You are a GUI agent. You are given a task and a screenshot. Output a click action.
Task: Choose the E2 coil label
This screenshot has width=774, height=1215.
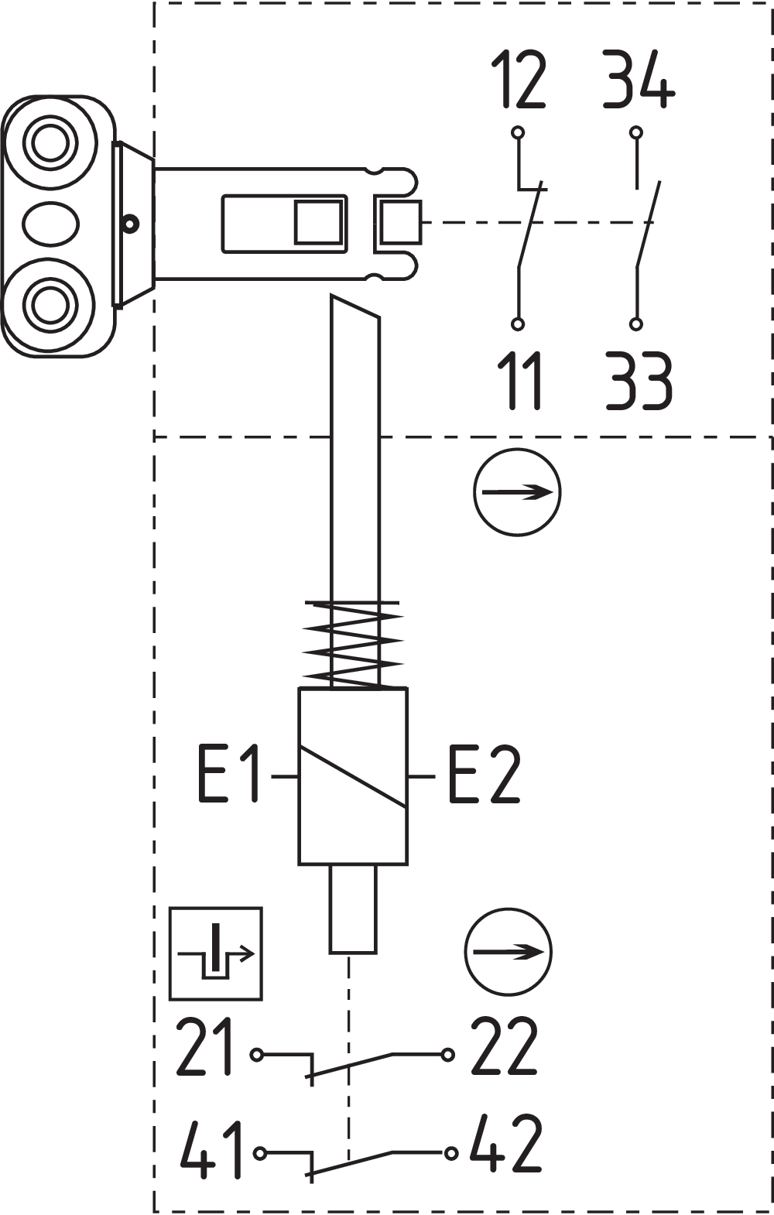[485, 773]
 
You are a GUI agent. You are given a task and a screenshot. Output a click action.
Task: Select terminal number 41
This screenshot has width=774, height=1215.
[211, 1148]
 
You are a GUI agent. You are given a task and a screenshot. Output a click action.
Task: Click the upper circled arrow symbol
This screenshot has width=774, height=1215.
[517, 492]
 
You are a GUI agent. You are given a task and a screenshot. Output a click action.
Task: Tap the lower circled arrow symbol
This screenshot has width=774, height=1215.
[508, 952]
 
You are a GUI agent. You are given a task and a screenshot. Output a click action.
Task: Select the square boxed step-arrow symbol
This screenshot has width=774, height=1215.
[216, 953]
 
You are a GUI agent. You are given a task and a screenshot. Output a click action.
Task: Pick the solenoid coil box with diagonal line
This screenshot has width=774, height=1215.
[353, 775]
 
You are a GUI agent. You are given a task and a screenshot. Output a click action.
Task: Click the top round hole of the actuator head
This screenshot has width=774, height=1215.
[50, 142]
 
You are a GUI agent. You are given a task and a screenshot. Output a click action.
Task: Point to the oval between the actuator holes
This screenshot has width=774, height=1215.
[50, 224]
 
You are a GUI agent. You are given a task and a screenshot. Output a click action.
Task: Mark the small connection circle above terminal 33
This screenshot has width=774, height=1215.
[636, 324]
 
